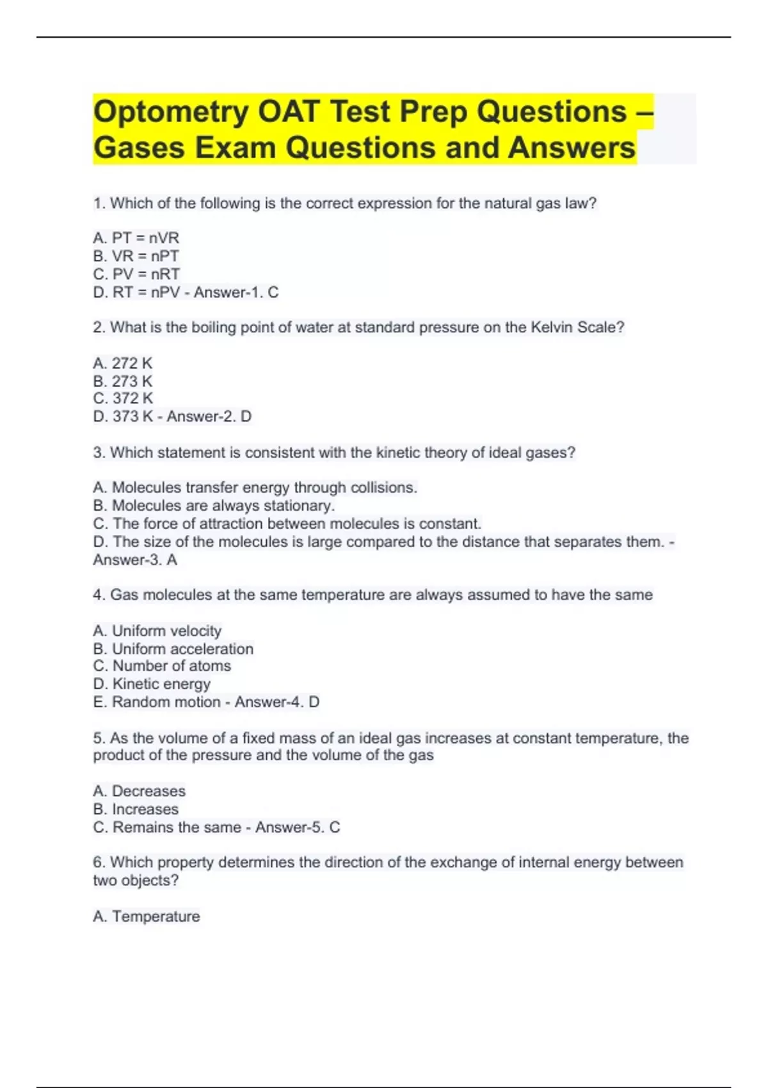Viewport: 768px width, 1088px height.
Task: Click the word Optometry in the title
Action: (x=171, y=112)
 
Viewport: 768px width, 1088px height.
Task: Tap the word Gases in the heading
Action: (x=140, y=148)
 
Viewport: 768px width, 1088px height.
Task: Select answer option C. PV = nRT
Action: (x=136, y=274)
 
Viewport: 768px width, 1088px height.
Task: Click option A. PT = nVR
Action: (x=136, y=238)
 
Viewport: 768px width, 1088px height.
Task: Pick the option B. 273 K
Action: (x=123, y=381)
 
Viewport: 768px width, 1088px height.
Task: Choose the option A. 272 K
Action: (x=123, y=364)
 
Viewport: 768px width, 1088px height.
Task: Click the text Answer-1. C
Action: (x=236, y=292)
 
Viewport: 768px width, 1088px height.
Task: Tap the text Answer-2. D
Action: (x=209, y=417)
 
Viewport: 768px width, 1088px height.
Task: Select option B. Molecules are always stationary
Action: (x=214, y=506)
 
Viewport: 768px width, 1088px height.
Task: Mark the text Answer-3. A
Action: (x=135, y=560)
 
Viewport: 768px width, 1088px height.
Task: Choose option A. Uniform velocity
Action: (x=157, y=631)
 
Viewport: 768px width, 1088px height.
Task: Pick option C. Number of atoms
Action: (x=162, y=666)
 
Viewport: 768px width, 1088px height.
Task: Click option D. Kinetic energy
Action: (x=152, y=684)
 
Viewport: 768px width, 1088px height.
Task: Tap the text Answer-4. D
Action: (x=277, y=702)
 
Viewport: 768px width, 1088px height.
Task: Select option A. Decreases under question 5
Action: (x=140, y=791)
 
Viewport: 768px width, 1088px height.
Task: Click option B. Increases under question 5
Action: (x=136, y=809)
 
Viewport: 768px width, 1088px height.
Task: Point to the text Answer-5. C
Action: (x=298, y=828)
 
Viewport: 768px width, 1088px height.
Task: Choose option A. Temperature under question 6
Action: (x=147, y=916)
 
